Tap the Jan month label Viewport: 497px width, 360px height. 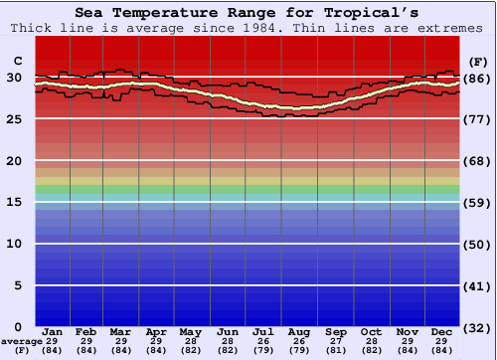54,331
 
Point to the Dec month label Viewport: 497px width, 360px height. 442,331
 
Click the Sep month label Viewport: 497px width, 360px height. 336,331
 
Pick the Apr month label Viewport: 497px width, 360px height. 156,331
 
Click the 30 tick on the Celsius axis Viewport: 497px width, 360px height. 15,78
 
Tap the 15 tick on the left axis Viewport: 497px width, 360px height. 15,202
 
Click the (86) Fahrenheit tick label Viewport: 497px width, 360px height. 478,78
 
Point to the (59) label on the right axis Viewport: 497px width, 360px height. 478,202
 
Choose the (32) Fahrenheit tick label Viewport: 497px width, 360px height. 478,326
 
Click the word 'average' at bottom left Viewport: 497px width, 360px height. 21,341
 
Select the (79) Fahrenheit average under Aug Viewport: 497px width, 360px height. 299,350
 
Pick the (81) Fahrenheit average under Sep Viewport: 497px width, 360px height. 336,350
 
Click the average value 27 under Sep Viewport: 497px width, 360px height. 336,341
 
